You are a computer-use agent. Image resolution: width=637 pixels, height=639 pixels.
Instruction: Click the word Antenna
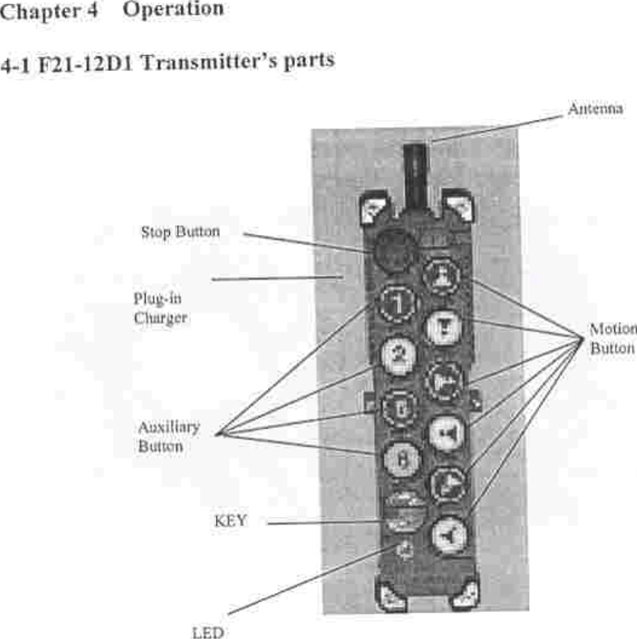pos(595,109)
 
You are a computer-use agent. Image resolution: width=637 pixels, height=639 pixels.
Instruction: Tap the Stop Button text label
pos(180,233)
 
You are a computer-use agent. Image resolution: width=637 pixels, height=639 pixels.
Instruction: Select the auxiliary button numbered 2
pos(400,355)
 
